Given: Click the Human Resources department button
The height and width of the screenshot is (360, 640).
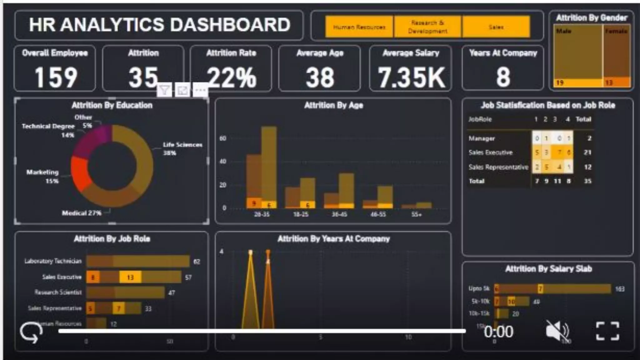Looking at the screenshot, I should [x=359, y=27].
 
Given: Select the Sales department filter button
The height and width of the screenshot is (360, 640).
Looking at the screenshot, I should [x=496, y=27].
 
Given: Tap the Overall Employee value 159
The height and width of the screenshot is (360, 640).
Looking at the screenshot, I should [x=56, y=77].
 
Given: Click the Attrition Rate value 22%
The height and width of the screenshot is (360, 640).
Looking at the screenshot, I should [x=231, y=77].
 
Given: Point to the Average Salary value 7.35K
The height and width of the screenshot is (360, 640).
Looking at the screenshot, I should [x=411, y=77].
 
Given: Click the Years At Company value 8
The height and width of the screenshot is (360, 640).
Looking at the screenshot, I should [x=503, y=77].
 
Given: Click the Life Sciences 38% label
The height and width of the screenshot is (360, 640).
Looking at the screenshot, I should [x=182, y=148].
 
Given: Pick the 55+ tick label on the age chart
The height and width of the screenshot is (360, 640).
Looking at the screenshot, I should [x=416, y=214].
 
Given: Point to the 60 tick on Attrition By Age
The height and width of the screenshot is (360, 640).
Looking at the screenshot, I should [x=223, y=138].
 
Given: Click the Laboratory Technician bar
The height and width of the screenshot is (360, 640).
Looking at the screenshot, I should [x=137, y=261].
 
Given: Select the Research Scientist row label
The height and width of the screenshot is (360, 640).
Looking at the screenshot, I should [x=58, y=292].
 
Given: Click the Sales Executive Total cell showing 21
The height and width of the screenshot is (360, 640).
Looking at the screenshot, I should [x=587, y=152].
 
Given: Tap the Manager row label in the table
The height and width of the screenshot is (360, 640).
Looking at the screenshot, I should [x=482, y=138].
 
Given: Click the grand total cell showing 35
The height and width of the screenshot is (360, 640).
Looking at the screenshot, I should [x=587, y=181].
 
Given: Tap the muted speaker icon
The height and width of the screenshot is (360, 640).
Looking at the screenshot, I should [x=557, y=331].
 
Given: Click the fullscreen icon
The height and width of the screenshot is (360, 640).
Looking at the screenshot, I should [x=607, y=331].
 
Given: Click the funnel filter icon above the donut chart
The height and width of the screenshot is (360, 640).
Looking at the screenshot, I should [x=164, y=91].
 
